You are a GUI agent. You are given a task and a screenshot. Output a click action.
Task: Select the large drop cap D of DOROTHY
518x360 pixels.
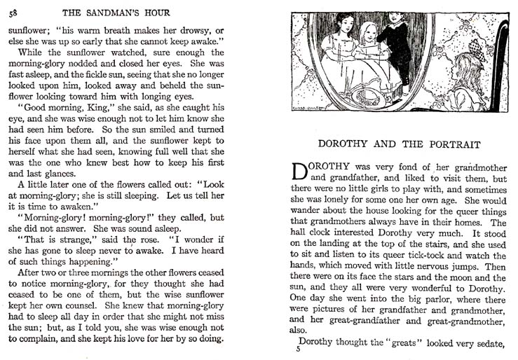pos(299,172)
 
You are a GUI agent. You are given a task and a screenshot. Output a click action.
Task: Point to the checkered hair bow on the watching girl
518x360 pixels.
pos(478,49)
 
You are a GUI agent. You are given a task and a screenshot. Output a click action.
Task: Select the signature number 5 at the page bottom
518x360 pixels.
pos(297,349)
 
